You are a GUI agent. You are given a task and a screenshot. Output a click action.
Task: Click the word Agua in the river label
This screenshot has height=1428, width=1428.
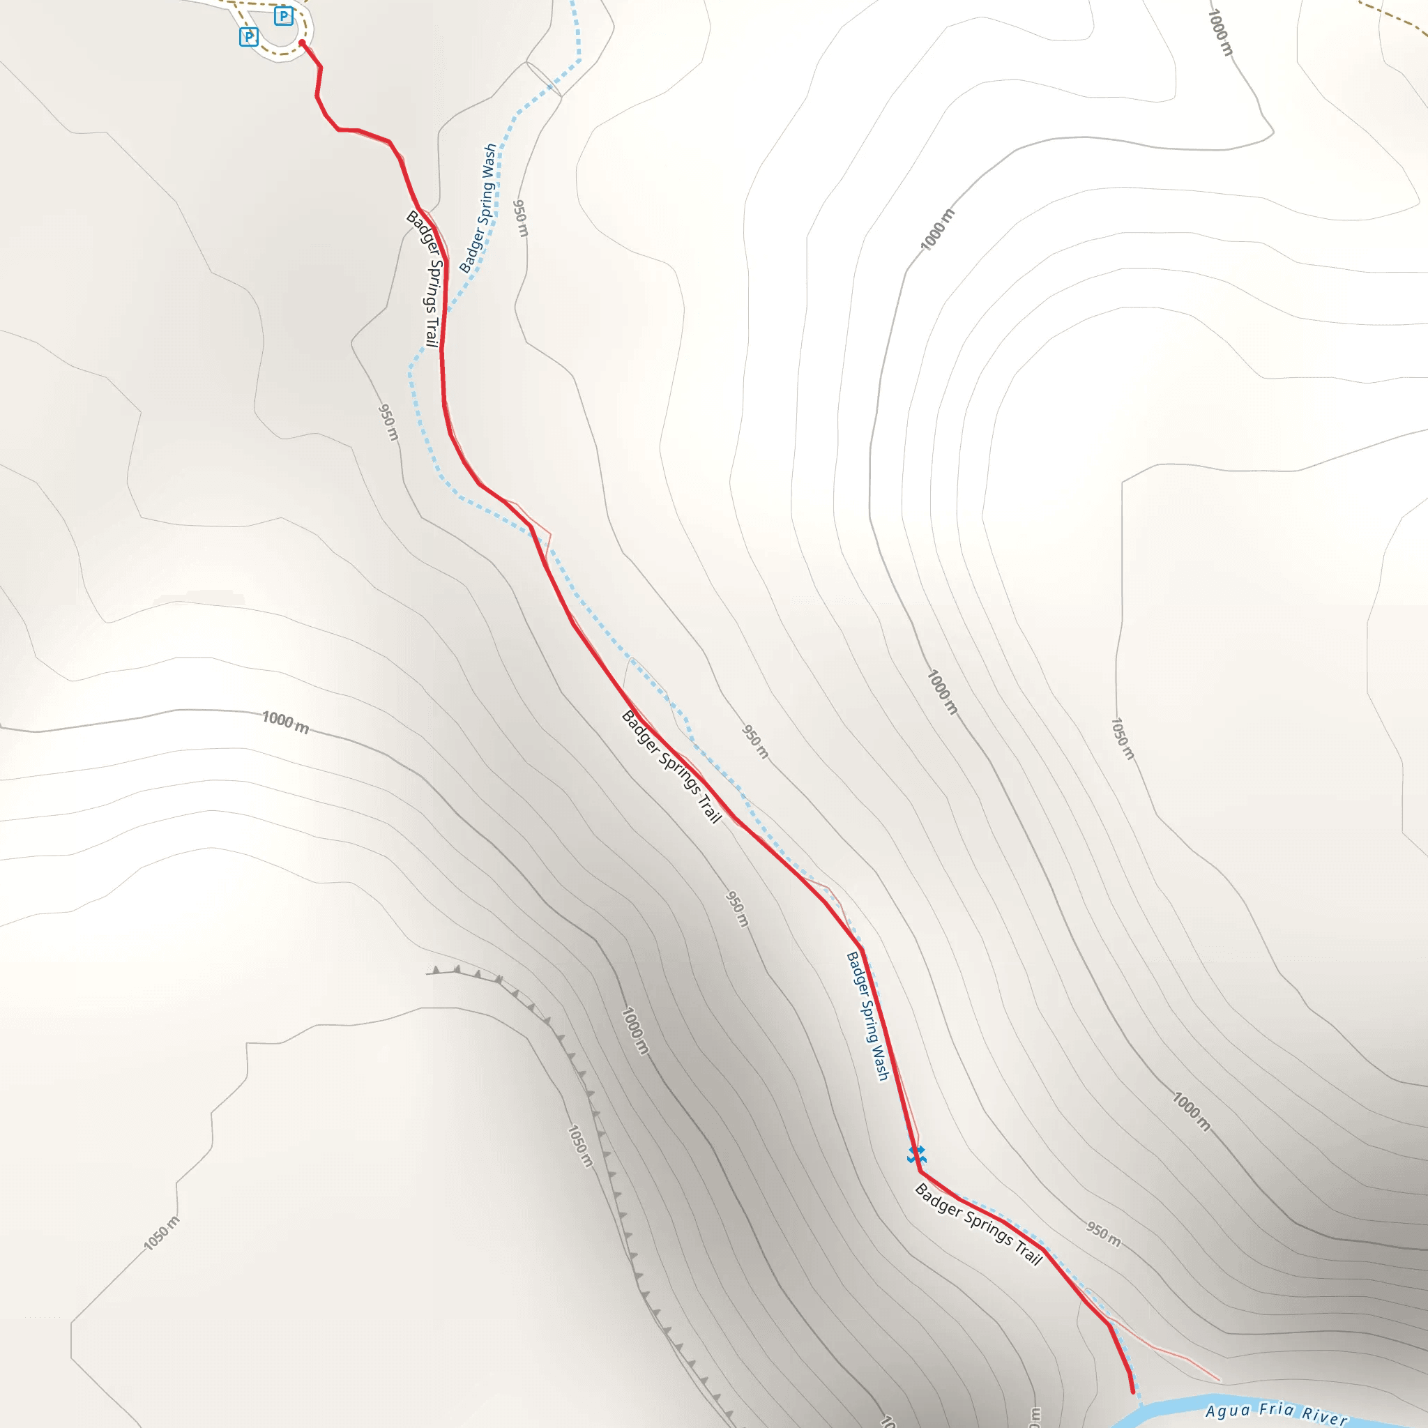(x=1226, y=1411)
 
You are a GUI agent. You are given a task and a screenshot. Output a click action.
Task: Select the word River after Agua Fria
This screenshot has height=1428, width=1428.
(x=1325, y=1416)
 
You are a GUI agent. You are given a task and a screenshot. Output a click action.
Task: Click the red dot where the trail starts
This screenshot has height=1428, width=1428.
(x=301, y=43)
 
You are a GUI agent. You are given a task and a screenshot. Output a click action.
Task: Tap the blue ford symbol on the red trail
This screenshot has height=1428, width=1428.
(x=916, y=1155)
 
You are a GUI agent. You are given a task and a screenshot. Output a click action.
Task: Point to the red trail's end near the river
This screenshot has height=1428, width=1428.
(x=1132, y=1392)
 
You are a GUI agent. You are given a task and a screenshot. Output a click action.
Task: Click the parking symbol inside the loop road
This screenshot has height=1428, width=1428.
(x=283, y=15)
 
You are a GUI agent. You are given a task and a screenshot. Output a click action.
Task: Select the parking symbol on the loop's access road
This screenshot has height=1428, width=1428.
(x=249, y=36)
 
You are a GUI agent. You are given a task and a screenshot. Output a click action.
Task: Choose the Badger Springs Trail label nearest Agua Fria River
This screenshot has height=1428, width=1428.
(x=978, y=1224)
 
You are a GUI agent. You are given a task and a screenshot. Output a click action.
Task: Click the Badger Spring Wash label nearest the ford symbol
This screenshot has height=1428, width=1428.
(x=867, y=1017)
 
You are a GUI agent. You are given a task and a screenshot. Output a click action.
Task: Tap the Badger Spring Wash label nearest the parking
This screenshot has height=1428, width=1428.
(x=478, y=208)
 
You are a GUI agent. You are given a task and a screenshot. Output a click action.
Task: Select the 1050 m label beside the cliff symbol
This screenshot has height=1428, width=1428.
(x=580, y=1146)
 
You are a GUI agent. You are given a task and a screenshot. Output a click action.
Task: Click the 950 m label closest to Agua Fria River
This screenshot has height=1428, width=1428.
(x=1103, y=1233)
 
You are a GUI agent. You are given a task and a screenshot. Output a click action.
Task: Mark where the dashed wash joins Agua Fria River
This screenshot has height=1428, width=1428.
(x=1141, y=1404)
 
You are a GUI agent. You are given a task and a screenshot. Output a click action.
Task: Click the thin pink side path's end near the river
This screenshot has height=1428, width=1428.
(x=1220, y=1379)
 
